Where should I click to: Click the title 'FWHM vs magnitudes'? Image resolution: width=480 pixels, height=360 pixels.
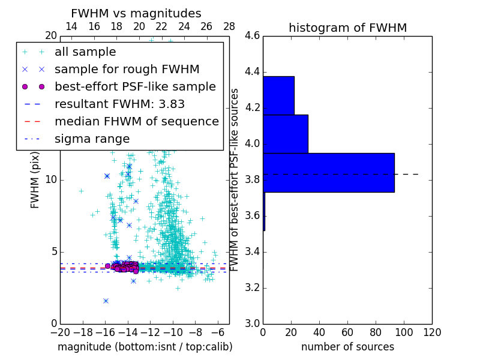point(136,14)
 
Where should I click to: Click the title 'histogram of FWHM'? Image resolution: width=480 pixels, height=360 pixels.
point(347,28)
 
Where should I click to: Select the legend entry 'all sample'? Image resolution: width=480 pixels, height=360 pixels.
point(85,52)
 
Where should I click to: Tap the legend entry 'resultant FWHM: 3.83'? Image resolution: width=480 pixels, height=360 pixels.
point(119,104)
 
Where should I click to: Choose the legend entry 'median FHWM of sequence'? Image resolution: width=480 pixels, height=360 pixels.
point(136,122)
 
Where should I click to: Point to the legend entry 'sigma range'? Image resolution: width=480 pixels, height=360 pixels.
point(92,139)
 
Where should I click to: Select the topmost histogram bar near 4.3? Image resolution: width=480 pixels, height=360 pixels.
point(278,95)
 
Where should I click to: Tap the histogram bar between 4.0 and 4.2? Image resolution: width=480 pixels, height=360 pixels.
point(286,134)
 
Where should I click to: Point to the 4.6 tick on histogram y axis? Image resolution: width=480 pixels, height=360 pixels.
point(252,36)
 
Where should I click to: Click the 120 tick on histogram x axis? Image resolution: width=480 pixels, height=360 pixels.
point(432,332)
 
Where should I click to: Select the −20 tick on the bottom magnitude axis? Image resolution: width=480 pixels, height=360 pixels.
point(60,332)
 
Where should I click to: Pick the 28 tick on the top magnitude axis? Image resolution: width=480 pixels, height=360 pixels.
point(229,26)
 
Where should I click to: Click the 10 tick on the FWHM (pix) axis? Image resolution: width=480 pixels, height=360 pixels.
point(51,179)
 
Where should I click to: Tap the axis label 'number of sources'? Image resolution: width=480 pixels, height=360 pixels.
point(347,347)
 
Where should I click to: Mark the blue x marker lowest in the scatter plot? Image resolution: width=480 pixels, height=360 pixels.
point(106,301)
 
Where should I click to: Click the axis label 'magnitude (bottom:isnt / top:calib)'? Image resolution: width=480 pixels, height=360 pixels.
point(145,347)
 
